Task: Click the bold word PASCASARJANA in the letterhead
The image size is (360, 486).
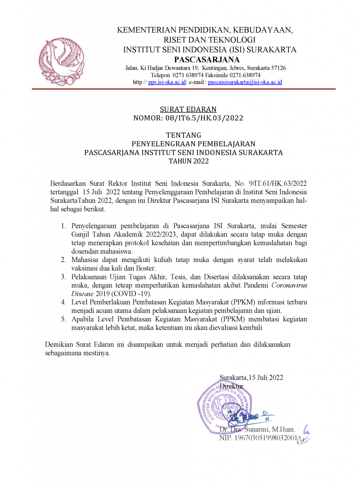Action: (207, 59)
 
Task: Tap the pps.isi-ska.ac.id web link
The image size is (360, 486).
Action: (166, 82)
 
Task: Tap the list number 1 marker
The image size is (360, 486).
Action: (63, 226)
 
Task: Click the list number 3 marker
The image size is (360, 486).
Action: (63, 276)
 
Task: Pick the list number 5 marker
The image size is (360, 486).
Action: (63, 319)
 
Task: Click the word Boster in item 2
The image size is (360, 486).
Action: (129, 268)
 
